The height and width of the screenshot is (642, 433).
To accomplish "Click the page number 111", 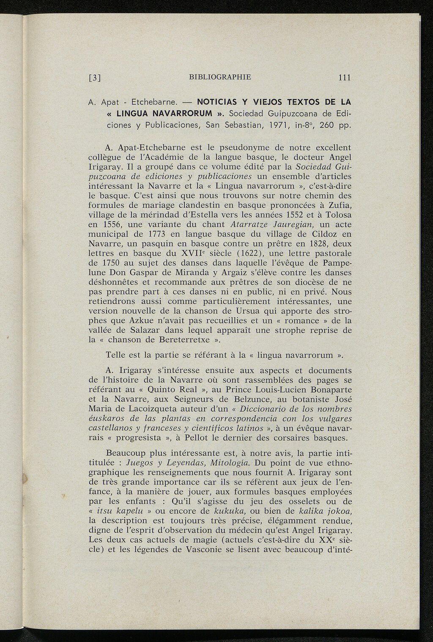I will point(345,77).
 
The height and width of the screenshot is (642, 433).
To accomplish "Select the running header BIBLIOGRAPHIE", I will point(220,77).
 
